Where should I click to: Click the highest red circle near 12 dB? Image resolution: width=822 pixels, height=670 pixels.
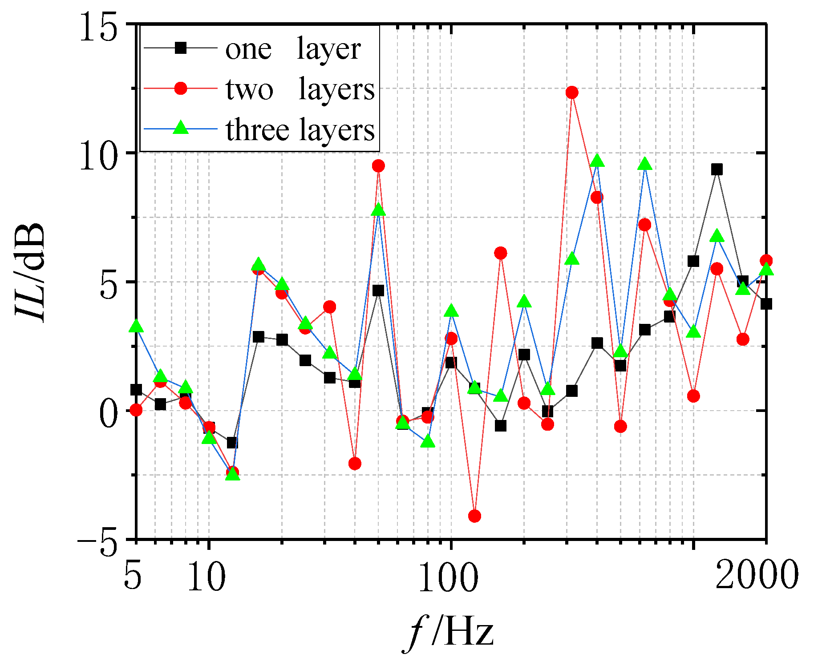(572, 93)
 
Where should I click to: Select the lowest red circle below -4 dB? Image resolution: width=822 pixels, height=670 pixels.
(474, 516)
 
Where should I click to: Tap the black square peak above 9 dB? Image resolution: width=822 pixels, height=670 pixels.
(717, 169)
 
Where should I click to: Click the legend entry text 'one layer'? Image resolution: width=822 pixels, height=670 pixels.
(292, 49)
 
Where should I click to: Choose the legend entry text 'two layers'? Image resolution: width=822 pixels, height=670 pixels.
(300, 89)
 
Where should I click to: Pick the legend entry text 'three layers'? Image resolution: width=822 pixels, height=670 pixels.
(300, 130)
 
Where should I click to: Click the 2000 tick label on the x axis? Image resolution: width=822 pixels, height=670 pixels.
(757, 574)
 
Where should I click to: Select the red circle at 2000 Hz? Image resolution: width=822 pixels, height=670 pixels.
(766, 261)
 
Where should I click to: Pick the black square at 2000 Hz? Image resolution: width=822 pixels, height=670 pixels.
(766, 304)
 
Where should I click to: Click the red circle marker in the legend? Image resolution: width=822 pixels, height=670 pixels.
(180, 88)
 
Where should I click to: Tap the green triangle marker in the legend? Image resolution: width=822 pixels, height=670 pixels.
(180, 129)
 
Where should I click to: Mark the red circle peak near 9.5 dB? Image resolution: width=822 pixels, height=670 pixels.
(378, 166)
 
